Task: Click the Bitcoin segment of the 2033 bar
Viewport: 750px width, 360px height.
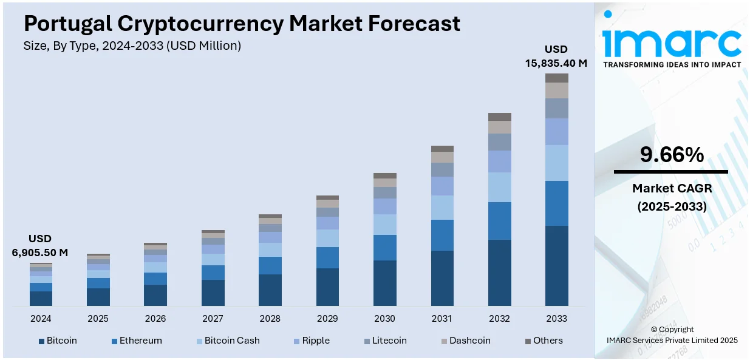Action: click(556, 265)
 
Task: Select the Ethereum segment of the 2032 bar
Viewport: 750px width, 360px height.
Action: click(499, 221)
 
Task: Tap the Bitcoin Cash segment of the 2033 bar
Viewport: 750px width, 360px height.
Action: click(556, 163)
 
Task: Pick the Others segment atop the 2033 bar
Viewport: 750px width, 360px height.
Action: click(556, 78)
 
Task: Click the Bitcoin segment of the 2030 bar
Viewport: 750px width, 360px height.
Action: click(384, 283)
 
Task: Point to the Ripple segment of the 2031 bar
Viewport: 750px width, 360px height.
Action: click(442, 186)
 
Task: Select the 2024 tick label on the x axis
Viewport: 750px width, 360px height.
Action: click(41, 319)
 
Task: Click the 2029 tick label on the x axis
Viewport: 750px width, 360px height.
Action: click(327, 319)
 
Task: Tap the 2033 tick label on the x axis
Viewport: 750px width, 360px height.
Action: click(556, 319)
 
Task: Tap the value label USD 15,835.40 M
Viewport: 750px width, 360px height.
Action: click(556, 56)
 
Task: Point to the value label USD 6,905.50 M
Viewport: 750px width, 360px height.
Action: click(40, 245)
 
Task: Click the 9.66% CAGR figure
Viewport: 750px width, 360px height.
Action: click(672, 155)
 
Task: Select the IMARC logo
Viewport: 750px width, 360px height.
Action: click(672, 42)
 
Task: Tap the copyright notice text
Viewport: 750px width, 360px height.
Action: click(672, 335)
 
